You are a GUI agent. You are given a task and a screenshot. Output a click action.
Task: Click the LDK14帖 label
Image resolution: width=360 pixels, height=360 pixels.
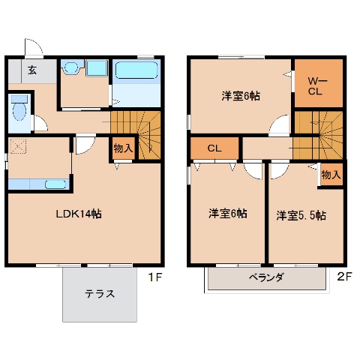pos(79,214)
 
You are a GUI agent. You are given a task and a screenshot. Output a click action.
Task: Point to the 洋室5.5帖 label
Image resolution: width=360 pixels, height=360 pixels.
pos(301,215)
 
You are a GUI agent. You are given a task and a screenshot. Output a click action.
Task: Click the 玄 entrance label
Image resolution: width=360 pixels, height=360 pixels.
pos(33,70)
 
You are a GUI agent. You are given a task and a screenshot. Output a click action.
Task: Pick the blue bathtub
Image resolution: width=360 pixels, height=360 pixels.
pos(136,72)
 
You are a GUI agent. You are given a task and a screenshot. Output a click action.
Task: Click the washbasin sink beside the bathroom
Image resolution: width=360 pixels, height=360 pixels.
pos(70,68)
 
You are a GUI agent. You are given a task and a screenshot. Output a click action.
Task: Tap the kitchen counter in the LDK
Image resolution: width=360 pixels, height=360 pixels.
pos(37,184)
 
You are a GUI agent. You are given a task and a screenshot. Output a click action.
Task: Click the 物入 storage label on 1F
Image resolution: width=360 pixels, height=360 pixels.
pos(123,148)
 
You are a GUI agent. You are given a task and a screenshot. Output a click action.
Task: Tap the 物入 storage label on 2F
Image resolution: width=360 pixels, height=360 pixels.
pos(331,175)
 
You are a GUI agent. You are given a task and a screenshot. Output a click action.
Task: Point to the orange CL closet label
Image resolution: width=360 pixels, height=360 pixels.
pos(214,148)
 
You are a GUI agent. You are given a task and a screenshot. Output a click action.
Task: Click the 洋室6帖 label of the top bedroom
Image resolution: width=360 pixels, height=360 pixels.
pos(240,96)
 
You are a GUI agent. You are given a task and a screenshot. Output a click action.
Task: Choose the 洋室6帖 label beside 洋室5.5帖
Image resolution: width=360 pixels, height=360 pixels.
pos(227,214)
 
